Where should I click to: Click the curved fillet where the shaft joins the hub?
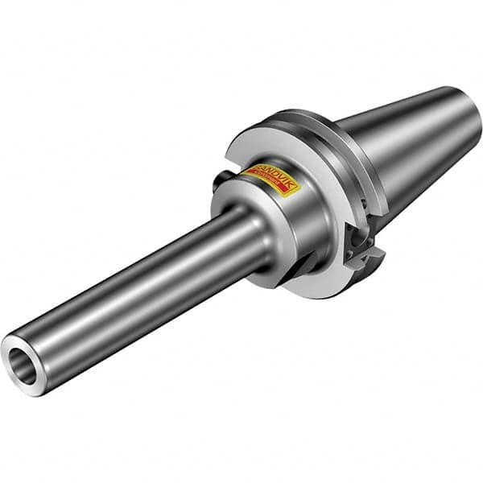pos(256,242)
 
